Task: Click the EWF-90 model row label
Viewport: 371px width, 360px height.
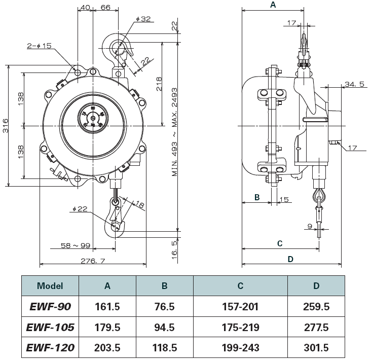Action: [x=50, y=306]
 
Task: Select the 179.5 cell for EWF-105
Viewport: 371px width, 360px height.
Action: [x=107, y=327]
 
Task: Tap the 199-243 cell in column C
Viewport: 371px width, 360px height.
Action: [x=240, y=348]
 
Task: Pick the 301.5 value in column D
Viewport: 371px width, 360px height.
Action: [x=316, y=348]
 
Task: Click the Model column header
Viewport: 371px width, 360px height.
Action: [x=50, y=285]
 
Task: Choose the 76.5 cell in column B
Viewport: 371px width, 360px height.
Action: [x=165, y=306]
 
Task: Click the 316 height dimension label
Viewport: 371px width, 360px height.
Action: [x=5, y=125]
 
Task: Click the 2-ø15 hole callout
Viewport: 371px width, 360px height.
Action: [x=40, y=46]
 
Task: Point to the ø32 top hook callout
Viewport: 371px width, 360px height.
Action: [x=143, y=19]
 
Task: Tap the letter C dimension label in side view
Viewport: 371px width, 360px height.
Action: [x=280, y=243]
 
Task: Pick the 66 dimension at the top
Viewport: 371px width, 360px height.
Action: [x=106, y=7]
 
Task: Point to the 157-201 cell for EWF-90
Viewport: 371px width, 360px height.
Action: [x=240, y=306]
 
